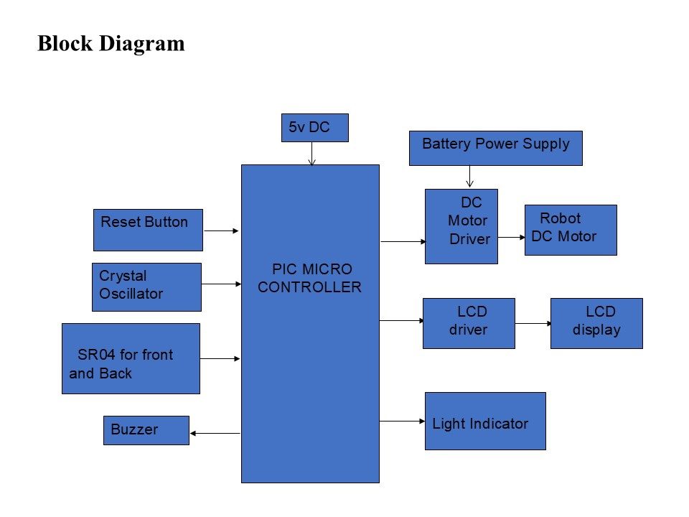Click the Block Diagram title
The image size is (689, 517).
tap(111, 44)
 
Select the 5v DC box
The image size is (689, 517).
tap(314, 128)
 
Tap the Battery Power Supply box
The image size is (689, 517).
tap(495, 148)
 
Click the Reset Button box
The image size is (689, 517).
tap(148, 230)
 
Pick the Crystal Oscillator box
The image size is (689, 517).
tap(146, 287)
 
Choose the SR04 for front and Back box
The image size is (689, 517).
tap(131, 358)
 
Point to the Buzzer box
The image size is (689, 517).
tap(146, 430)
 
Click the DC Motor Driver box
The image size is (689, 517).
tap(461, 226)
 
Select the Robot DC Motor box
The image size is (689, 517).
tap(571, 230)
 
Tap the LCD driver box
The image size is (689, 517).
tap(469, 323)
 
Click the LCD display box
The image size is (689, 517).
tap(596, 323)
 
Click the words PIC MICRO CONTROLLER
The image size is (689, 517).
tap(310, 279)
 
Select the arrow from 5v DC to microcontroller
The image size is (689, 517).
tap(311, 153)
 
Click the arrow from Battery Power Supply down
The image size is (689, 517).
tap(469, 177)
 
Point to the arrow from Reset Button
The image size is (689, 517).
tap(221, 230)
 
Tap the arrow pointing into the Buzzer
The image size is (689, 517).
tap(215, 433)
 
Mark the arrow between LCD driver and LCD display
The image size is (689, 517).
tap(533, 324)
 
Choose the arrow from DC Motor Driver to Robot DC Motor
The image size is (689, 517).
tap(511, 237)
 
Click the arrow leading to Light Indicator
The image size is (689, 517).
tap(402, 421)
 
